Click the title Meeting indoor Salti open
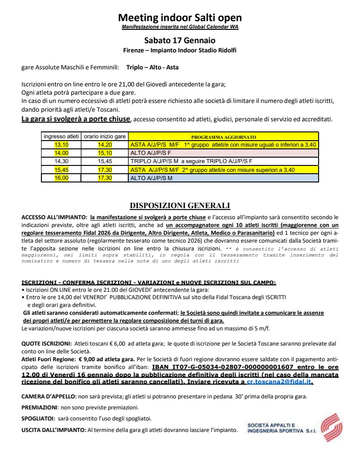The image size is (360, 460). (180, 18)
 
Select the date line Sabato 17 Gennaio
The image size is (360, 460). (180, 40)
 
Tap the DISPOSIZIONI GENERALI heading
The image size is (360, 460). (180, 205)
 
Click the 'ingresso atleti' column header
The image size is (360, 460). (61, 137)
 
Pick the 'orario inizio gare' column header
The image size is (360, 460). (105, 137)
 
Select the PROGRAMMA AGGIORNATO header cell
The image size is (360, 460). (223, 137)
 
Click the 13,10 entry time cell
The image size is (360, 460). (61, 145)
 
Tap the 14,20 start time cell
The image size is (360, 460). (105, 145)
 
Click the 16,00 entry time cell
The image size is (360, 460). (61, 178)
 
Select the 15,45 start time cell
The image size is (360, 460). (105, 161)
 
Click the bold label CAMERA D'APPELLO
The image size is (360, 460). (49, 396)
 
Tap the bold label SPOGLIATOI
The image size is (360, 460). (38, 418)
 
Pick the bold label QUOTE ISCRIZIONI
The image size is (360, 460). (46, 343)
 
